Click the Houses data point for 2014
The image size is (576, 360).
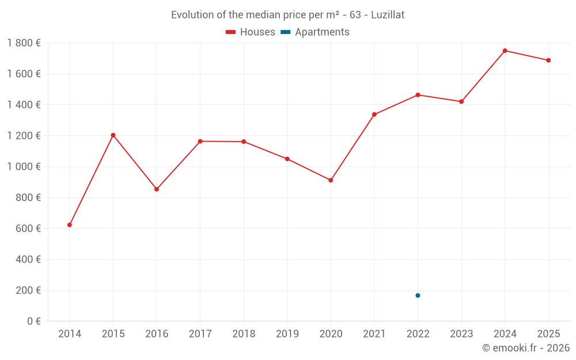70,225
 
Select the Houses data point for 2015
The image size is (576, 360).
113,135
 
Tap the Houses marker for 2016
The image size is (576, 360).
157,189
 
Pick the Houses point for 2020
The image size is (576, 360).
331,180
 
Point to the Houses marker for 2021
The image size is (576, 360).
374,114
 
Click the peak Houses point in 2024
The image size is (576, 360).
505,51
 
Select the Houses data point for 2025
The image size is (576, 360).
548,60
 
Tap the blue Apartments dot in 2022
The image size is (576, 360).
418,295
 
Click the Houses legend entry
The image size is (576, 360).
251,32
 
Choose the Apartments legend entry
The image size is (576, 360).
316,32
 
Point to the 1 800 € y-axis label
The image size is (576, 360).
24,43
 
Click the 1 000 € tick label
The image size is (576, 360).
24,166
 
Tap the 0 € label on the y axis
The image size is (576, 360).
34,321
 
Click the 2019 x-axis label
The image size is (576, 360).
287,334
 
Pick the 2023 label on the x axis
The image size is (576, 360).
461,334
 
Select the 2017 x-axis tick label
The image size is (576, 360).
200,334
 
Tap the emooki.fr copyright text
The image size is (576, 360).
525,348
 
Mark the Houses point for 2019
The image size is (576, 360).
287,159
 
